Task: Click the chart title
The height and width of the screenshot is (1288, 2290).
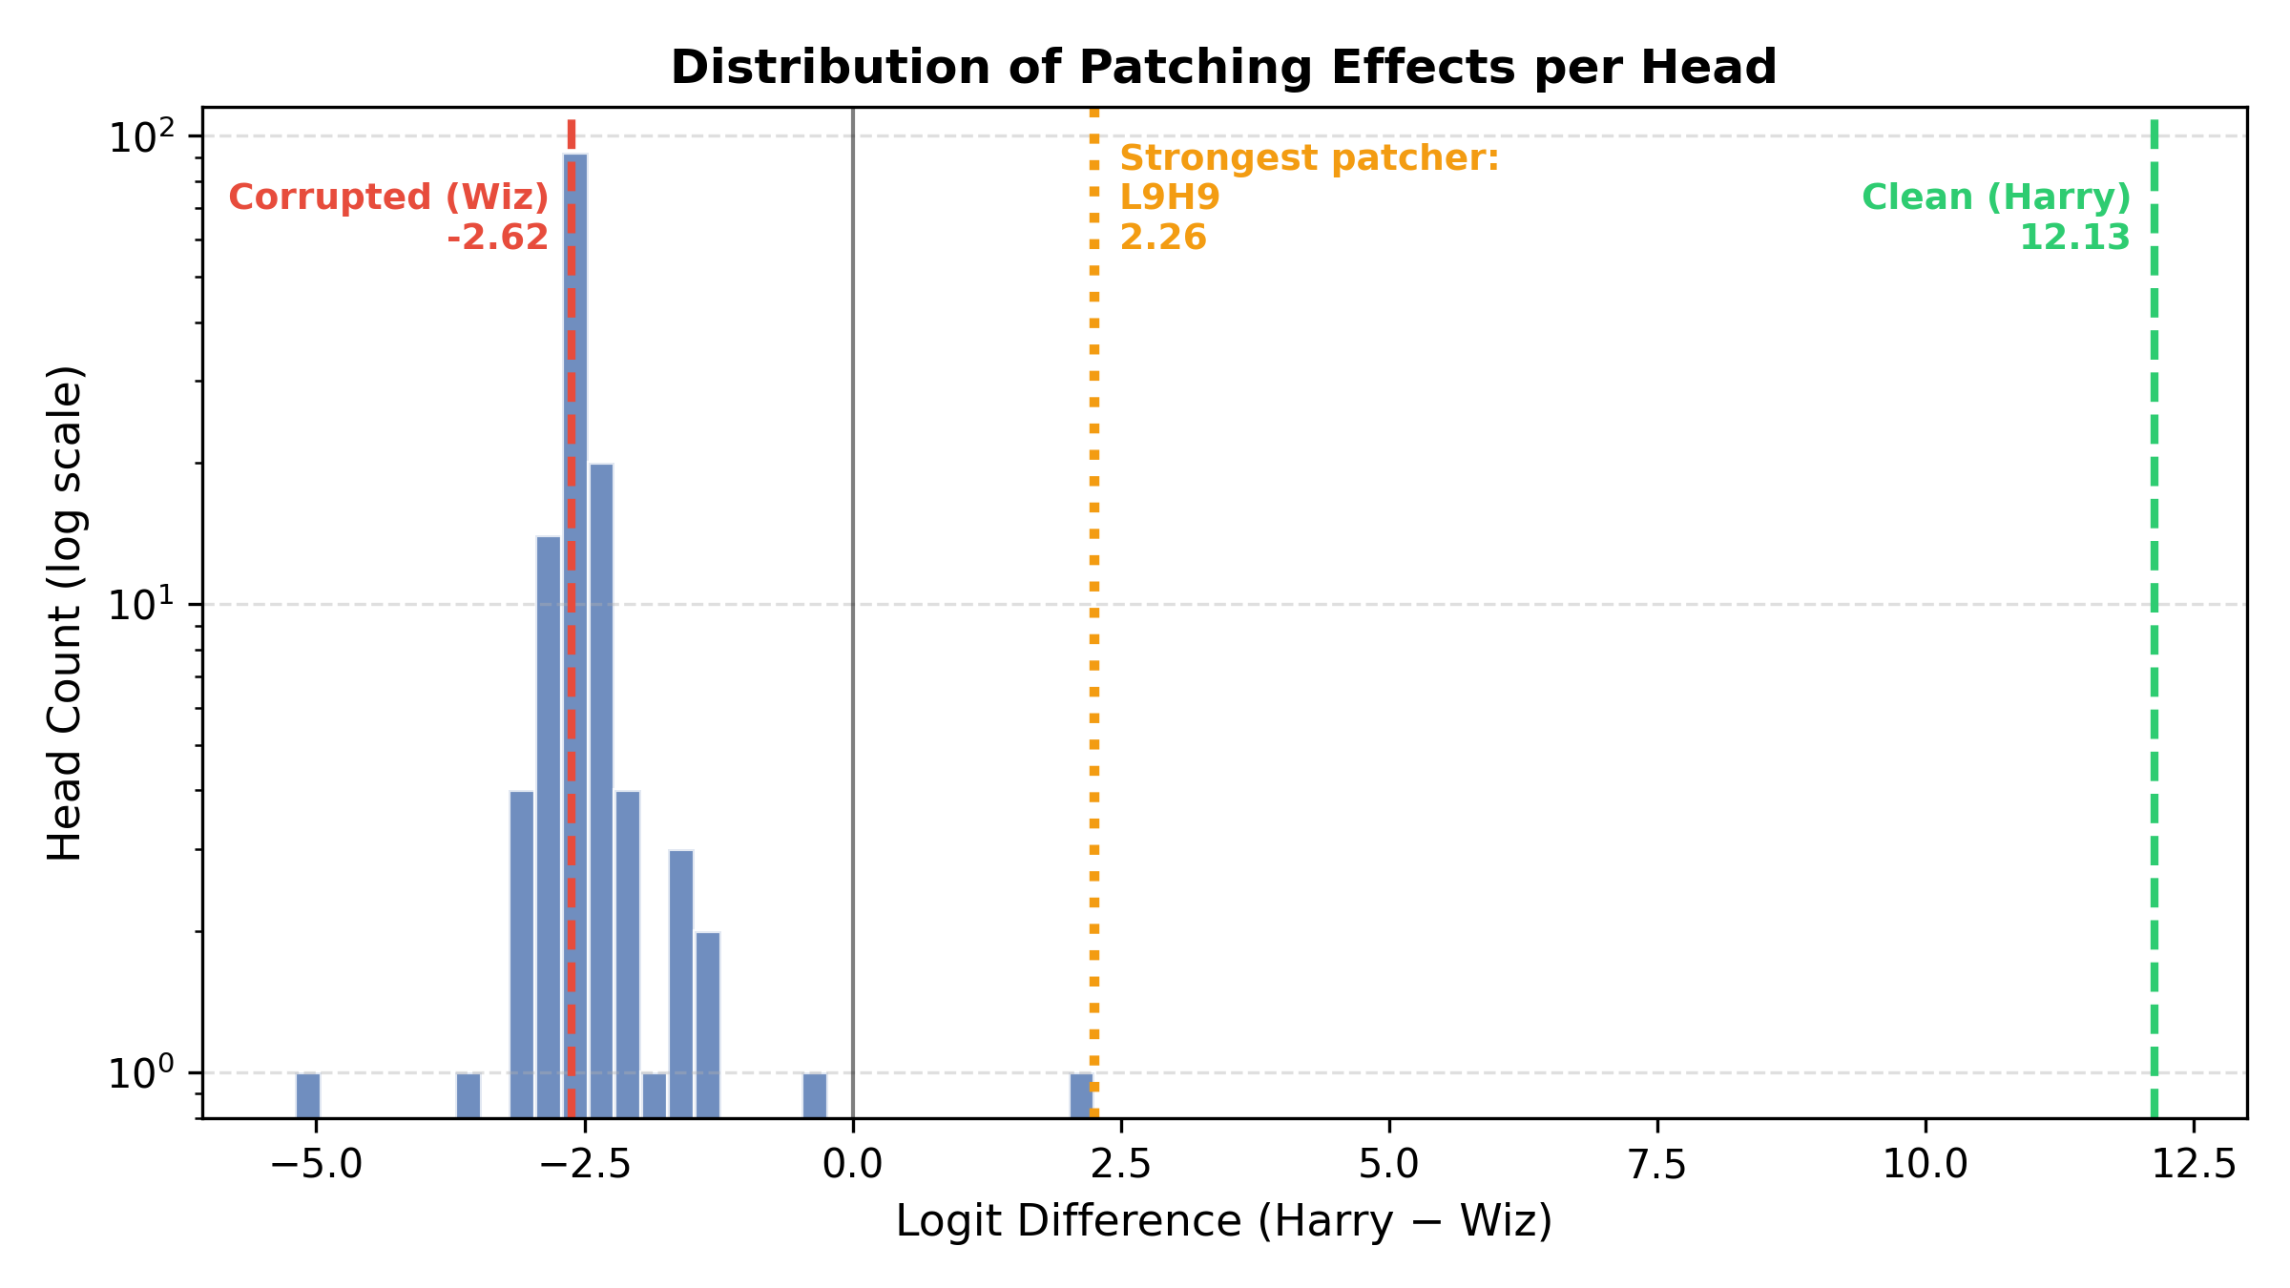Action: pos(1223,69)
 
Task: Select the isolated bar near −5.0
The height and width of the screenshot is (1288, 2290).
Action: pos(308,1094)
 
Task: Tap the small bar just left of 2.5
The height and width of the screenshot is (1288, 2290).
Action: pos(1080,1094)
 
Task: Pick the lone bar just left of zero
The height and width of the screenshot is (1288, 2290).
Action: pos(814,1094)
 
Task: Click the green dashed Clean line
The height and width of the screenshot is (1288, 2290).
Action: pos(2154,668)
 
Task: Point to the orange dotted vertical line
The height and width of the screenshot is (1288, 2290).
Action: pos(1094,668)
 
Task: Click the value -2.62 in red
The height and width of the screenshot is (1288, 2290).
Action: pos(497,238)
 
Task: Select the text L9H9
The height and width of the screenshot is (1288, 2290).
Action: pos(1170,197)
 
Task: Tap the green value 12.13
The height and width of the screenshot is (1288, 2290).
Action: pos(2074,238)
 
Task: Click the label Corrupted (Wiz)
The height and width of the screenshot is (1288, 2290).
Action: pos(388,197)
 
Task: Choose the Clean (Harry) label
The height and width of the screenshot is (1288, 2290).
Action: pos(1996,197)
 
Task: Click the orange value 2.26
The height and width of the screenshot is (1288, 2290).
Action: pos(1163,238)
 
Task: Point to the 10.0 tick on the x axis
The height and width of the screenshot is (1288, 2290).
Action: pos(1926,1165)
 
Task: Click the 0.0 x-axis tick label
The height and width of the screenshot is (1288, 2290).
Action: pos(852,1165)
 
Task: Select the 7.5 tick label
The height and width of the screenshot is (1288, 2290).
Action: pos(1657,1165)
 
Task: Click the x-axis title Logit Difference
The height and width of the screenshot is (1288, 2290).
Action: pos(1223,1222)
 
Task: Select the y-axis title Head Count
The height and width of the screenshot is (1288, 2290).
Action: pos(66,613)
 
